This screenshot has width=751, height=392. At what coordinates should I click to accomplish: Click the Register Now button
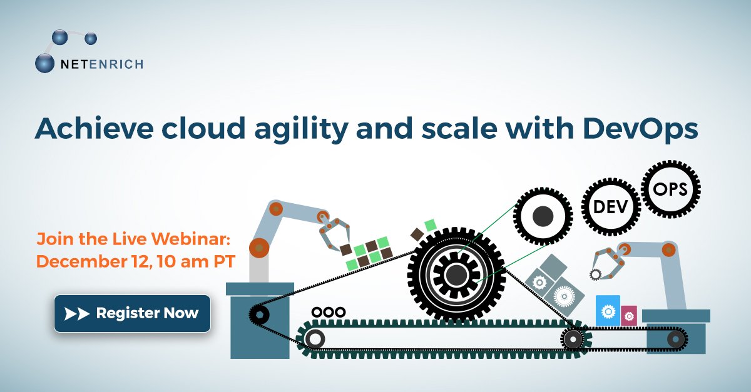pos(132,313)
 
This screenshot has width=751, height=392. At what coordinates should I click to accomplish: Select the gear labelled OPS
pos(670,189)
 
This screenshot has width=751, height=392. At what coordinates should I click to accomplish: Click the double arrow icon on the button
pos(78,313)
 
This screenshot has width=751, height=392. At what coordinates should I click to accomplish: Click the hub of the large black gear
pos(456,273)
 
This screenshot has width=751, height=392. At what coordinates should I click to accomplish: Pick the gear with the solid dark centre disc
pos(543,216)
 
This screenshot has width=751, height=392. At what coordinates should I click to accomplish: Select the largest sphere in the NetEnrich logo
pos(45,63)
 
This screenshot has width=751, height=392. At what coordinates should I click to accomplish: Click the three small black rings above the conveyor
pos(329,311)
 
